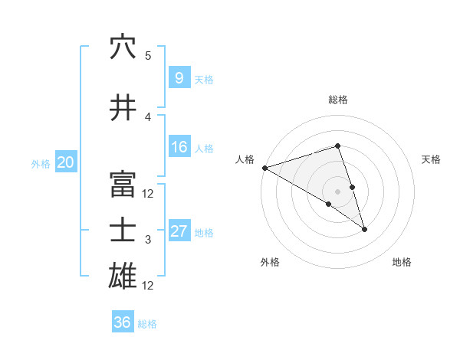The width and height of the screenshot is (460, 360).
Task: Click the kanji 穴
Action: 123,47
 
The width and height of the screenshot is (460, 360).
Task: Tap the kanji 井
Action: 123,108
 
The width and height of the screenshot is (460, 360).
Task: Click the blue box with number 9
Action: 179,78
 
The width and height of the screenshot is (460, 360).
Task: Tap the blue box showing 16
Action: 179,147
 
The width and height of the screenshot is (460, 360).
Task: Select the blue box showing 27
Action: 179,231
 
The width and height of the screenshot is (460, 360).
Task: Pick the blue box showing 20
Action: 66,162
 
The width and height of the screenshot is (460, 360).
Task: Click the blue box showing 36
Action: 122,322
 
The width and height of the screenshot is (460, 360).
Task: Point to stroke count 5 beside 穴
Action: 148,56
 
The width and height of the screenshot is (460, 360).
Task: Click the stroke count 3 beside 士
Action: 148,240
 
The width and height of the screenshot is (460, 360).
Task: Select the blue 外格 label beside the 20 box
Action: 41,163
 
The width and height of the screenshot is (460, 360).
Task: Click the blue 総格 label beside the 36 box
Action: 147,323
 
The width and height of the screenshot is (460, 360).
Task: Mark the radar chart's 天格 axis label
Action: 431,159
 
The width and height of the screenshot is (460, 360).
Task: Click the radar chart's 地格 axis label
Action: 402,262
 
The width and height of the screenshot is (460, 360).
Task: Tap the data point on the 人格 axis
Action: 264,167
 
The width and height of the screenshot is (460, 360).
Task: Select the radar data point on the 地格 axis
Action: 364,228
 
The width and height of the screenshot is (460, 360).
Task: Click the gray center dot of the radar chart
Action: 337,190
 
